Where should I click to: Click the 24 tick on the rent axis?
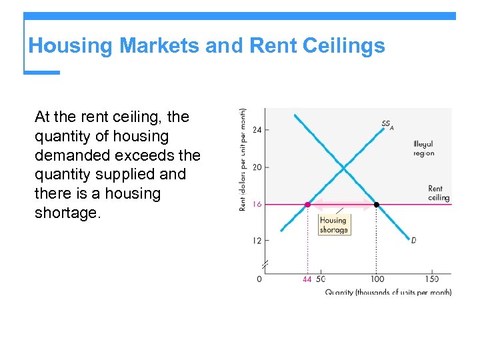point(257,129)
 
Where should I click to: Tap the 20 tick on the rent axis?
point(257,167)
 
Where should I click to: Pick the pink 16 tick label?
point(257,205)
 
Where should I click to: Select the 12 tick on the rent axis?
point(257,241)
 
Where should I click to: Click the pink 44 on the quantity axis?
point(307,279)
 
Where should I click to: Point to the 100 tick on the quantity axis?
point(377,279)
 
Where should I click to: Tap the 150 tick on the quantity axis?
point(432,279)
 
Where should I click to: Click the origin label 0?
point(259,279)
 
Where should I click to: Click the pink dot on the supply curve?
point(307,205)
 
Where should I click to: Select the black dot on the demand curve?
point(377,205)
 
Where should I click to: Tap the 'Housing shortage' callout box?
point(333,225)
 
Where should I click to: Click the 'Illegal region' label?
point(423,149)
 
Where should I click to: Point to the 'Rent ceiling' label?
point(439,193)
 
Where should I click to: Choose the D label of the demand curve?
point(413,240)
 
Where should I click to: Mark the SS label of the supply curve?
point(387,124)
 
